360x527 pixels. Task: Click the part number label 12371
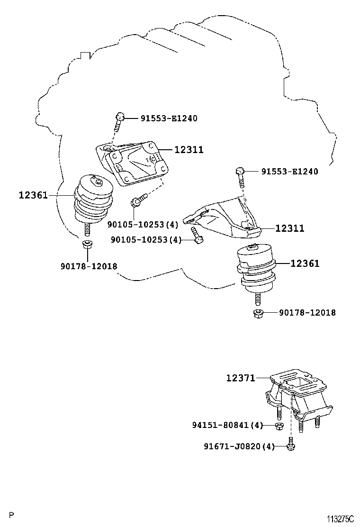click(x=240, y=378)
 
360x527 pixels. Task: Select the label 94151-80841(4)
click(x=227, y=425)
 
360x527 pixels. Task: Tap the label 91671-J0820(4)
click(x=239, y=446)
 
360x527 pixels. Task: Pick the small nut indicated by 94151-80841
click(x=279, y=426)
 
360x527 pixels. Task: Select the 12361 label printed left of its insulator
click(x=33, y=194)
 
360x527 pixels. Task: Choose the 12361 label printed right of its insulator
click(x=305, y=263)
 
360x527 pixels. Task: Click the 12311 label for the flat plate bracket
click(x=189, y=150)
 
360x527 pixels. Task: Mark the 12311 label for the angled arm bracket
click(x=289, y=228)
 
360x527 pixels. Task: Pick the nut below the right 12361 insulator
click(x=258, y=313)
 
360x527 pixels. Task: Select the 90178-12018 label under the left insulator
click(x=89, y=266)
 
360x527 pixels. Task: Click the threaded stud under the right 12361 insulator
click(x=257, y=299)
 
